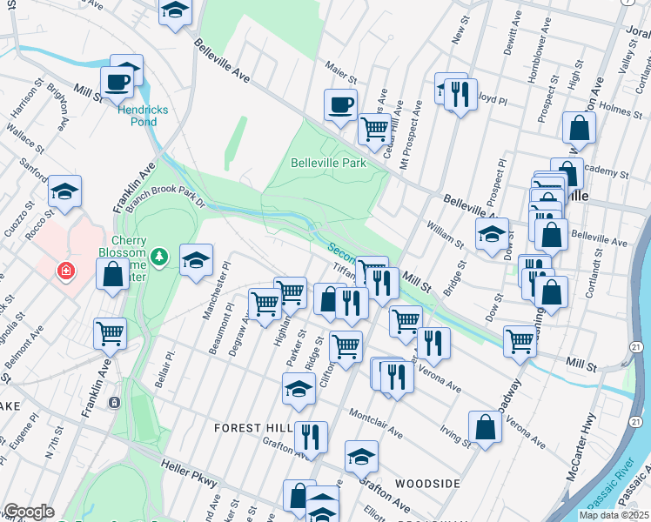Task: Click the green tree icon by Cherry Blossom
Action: [158, 256]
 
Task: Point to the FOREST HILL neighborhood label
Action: [252, 428]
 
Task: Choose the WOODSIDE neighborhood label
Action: [426, 483]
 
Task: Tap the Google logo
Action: [29, 512]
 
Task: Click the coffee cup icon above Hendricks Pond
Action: [116, 83]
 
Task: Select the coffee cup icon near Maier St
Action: [340, 104]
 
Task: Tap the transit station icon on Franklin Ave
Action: [114, 403]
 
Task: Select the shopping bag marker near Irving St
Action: [485, 427]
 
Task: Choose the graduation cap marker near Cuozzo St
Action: [64, 191]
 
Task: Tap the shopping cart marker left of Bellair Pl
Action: [111, 333]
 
